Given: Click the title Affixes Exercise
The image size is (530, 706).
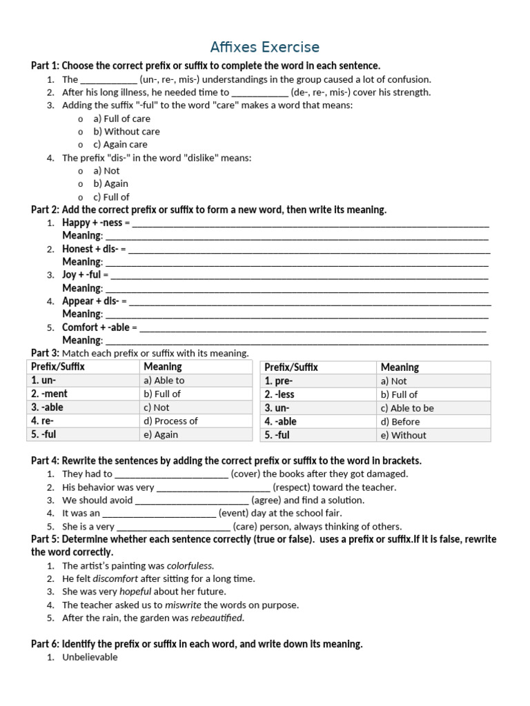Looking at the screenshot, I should [265, 47].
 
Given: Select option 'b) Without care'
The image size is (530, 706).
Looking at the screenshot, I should [126, 131].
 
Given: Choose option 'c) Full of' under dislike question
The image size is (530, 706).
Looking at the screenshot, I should [111, 197].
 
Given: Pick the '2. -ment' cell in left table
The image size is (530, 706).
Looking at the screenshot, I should [49, 394].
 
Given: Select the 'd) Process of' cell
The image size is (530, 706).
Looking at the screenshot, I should [170, 421].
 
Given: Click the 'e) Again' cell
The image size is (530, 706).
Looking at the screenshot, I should [161, 434].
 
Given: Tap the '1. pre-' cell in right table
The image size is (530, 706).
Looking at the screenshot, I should [279, 381].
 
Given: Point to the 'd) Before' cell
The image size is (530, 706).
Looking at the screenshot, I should [400, 421].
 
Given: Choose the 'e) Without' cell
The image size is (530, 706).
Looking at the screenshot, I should [403, 435].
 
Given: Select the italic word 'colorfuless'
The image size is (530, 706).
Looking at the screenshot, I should [190, 565].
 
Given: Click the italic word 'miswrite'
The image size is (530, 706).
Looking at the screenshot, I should [183, 605].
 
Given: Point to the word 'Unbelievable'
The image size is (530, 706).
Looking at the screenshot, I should [90, 657].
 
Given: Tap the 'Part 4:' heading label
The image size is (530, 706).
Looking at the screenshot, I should [46, 461].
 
